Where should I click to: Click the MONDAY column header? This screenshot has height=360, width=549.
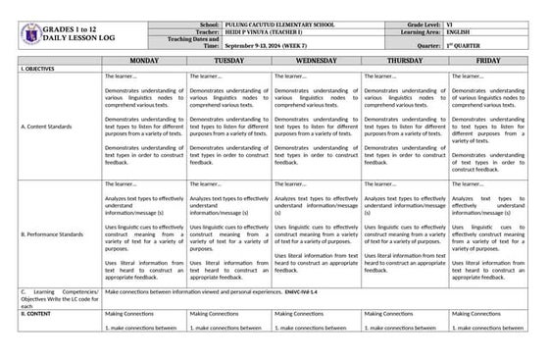coord(144,60)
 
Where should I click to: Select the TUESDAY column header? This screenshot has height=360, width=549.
coord(229,60)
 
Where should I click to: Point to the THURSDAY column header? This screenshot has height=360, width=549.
coord(404,60)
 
